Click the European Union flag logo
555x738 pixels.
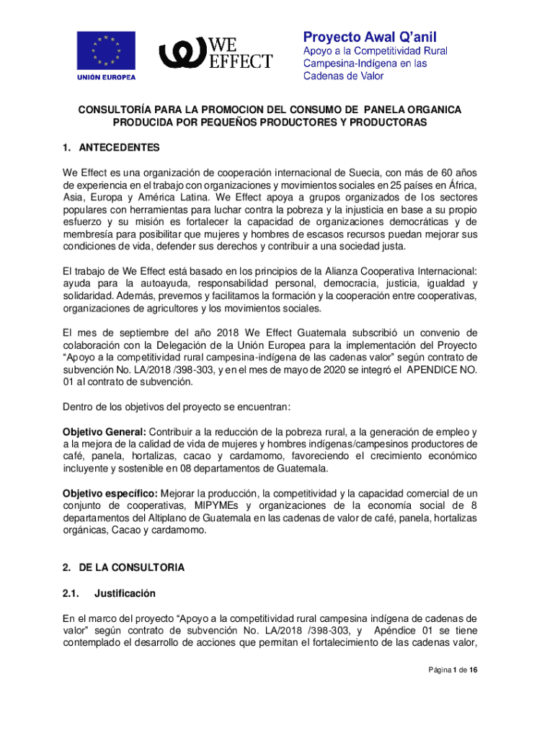(106, 50)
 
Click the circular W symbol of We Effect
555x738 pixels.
(182, 51)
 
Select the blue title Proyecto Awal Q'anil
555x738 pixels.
(369, 36)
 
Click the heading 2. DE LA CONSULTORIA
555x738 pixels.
(123, 568)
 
